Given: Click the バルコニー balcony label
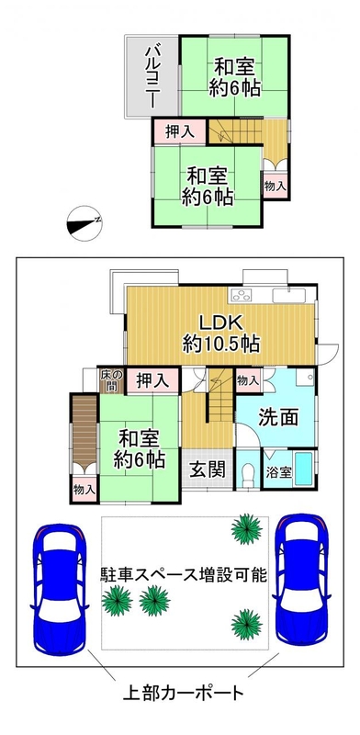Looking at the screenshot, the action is (151, 77).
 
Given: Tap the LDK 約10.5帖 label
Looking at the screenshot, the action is (220, 334).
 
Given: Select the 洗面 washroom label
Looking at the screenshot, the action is (278, 417).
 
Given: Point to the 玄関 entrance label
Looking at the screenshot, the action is (207, 469).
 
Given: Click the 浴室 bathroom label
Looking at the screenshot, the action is (279, 472).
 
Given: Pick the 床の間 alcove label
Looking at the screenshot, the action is (111, 380).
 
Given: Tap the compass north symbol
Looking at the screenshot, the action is (84, 223).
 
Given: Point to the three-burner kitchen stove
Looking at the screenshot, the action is (242, 295).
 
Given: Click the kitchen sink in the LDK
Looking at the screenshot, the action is (288, 296).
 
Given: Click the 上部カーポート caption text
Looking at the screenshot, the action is (184, 693).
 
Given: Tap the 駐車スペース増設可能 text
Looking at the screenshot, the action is (184, 575).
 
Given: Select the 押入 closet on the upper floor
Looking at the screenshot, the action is (180, 132).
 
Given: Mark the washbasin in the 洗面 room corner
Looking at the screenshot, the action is (305, 377).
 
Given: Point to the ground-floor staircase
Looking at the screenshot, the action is (220, 394).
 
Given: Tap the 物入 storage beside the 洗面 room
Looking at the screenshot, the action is (248, 379).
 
